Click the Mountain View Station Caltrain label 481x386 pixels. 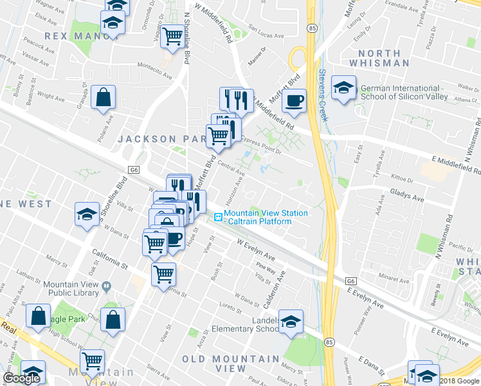[266, 217]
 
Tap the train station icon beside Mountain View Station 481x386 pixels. [218, 217]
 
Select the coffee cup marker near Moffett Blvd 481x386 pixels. [294, 101]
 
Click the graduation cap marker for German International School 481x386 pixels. [344, 88]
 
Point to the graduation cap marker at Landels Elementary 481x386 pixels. [291, 321]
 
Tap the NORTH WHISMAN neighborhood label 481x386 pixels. [384, 59]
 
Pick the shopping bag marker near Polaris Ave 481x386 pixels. [103, 98]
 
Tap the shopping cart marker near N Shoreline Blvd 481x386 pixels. [172, 37]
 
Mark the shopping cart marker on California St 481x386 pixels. [163, 273]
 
